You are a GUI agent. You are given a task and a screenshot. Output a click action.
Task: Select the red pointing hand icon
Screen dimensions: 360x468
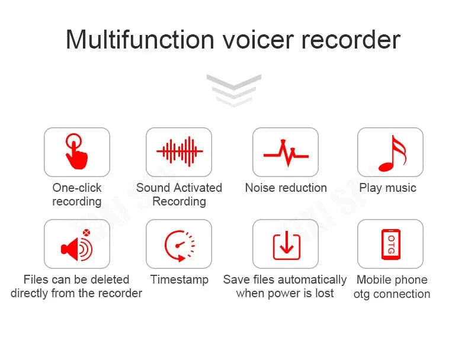point(76,151)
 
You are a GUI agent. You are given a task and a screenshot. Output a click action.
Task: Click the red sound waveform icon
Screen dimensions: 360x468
point(179,151)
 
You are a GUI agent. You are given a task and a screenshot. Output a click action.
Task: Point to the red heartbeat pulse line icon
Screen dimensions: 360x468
point(286,153)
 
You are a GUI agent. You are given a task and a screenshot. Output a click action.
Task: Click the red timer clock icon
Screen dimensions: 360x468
point(179,244)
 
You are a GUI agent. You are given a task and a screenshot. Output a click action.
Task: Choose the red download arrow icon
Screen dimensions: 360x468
point(286,245)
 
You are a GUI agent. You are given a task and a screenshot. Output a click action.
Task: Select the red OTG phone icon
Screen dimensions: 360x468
point(390,244)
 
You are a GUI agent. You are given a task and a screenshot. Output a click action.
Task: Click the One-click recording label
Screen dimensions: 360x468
point(76,194)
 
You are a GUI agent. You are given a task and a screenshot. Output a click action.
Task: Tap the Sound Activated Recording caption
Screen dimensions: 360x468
point(179,194)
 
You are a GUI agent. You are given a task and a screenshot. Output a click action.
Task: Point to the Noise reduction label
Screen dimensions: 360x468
point(286,188)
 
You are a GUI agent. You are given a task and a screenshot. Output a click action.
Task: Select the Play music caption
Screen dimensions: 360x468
point(387,188)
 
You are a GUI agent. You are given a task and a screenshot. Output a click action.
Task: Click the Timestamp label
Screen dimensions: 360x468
point(179,279)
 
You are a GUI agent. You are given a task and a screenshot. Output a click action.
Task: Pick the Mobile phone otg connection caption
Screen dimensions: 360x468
point(392,287)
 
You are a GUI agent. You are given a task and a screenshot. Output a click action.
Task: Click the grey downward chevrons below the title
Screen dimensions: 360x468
point(233,89)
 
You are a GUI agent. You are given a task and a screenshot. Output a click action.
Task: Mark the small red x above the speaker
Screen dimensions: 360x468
point(86,233)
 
